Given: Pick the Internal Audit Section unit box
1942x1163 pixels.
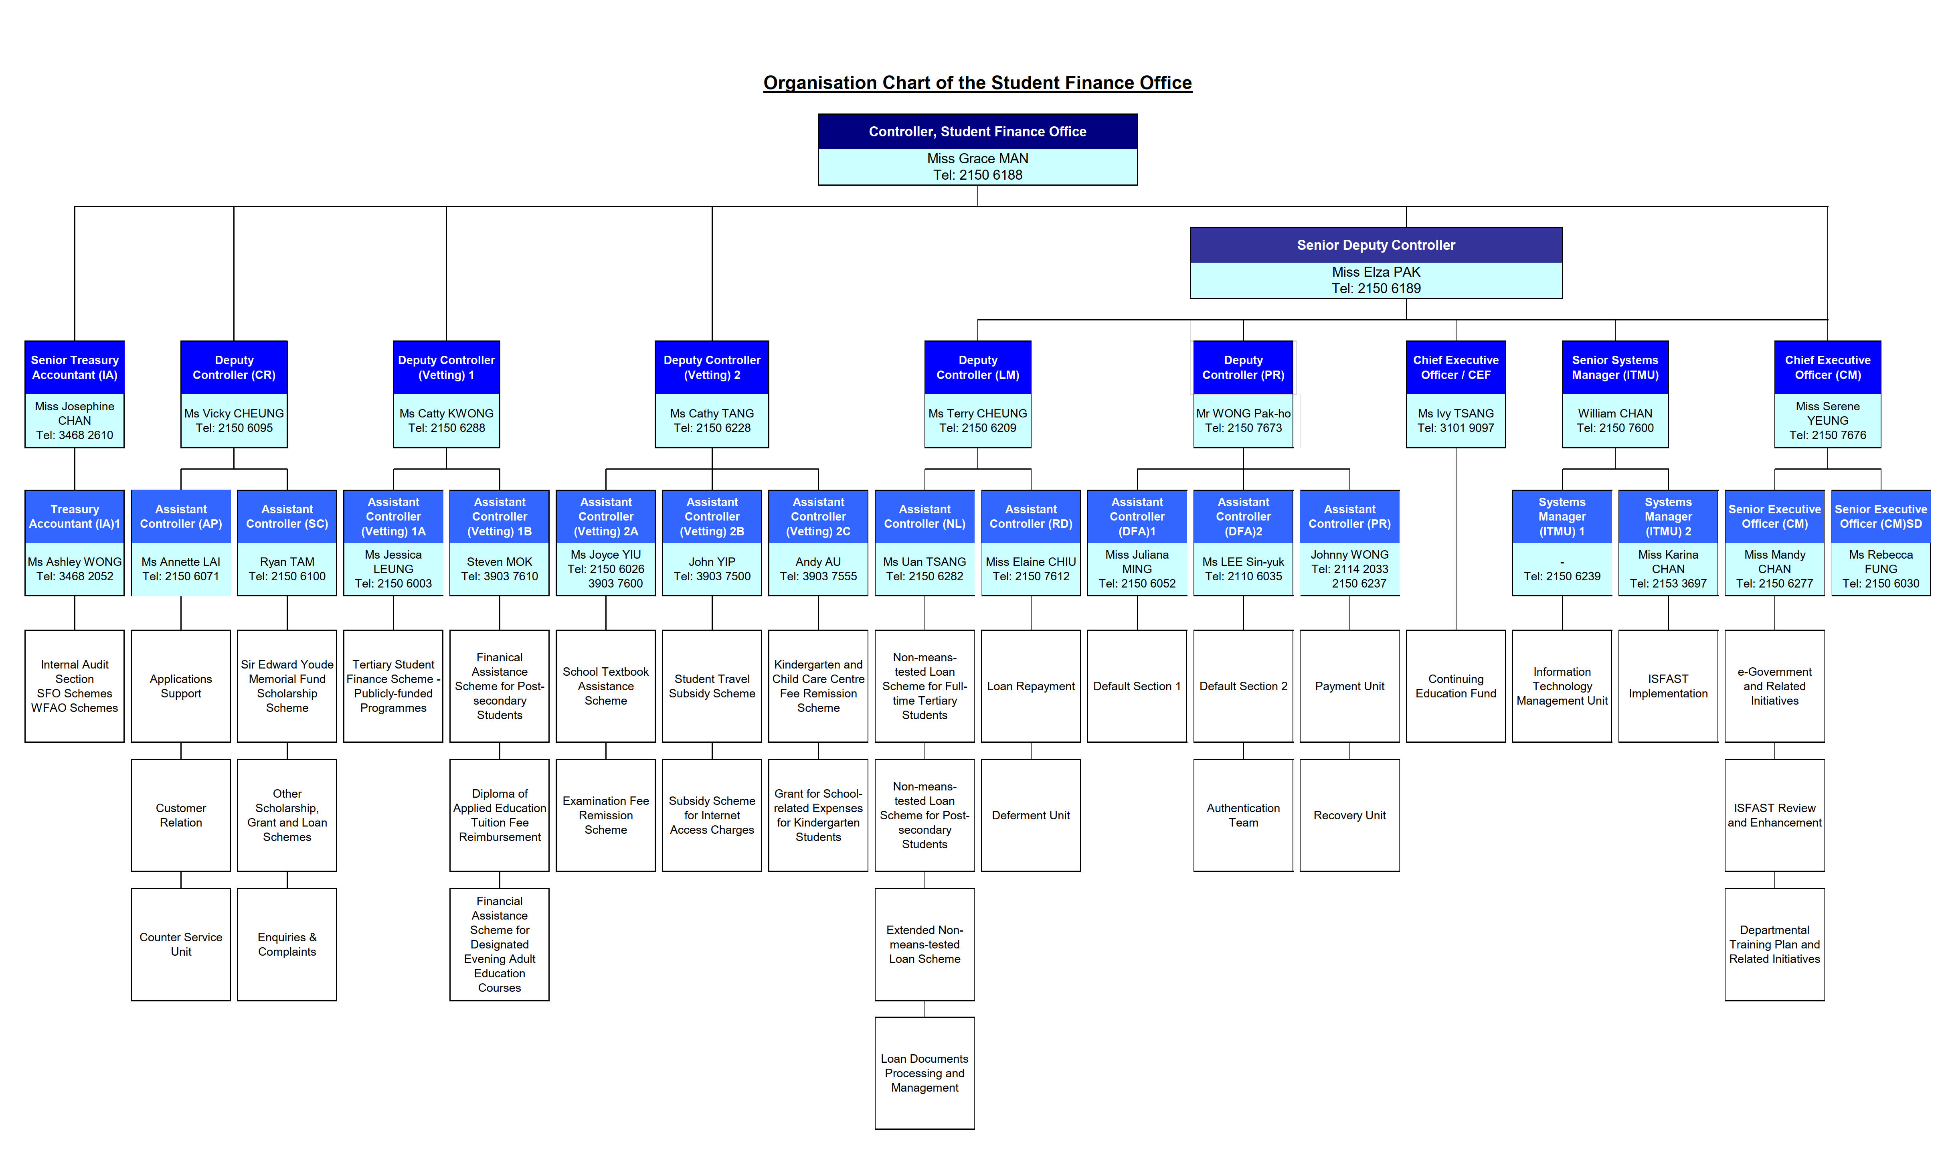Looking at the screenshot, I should [75, 686].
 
